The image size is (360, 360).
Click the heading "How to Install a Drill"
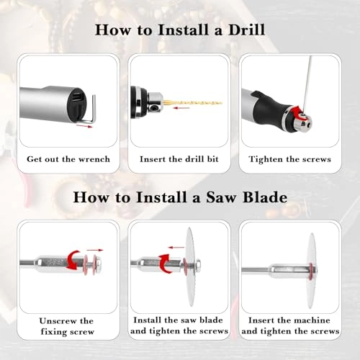pos(179,31)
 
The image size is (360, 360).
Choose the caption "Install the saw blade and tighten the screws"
pos(179,325)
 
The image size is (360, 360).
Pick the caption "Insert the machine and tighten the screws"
pos(289,325)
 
